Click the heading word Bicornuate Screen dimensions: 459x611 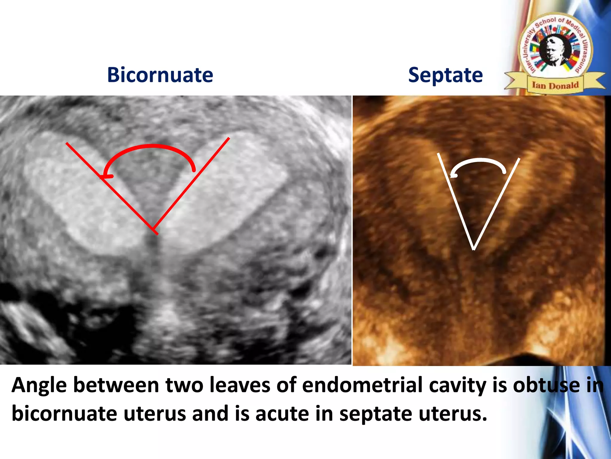tap(160, 75)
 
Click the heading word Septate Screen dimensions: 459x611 tap(445, 75)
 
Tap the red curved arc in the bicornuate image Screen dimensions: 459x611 tap(152, 146)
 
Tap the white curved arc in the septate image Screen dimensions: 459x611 tap(480, 161)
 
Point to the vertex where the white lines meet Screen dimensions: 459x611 tap(474, 249)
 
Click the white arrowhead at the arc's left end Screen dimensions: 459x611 tap(453, 176)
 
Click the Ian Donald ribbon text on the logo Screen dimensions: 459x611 tap(555, 85)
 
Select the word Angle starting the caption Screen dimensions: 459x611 tap(39, 385)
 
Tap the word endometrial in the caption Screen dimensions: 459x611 tap(362, 385)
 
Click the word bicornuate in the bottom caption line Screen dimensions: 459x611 tap(64, 414)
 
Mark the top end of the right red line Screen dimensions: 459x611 tap(229, 138)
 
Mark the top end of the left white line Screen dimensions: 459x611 tap(438, 154)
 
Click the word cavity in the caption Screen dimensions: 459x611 tap(458, 385)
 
